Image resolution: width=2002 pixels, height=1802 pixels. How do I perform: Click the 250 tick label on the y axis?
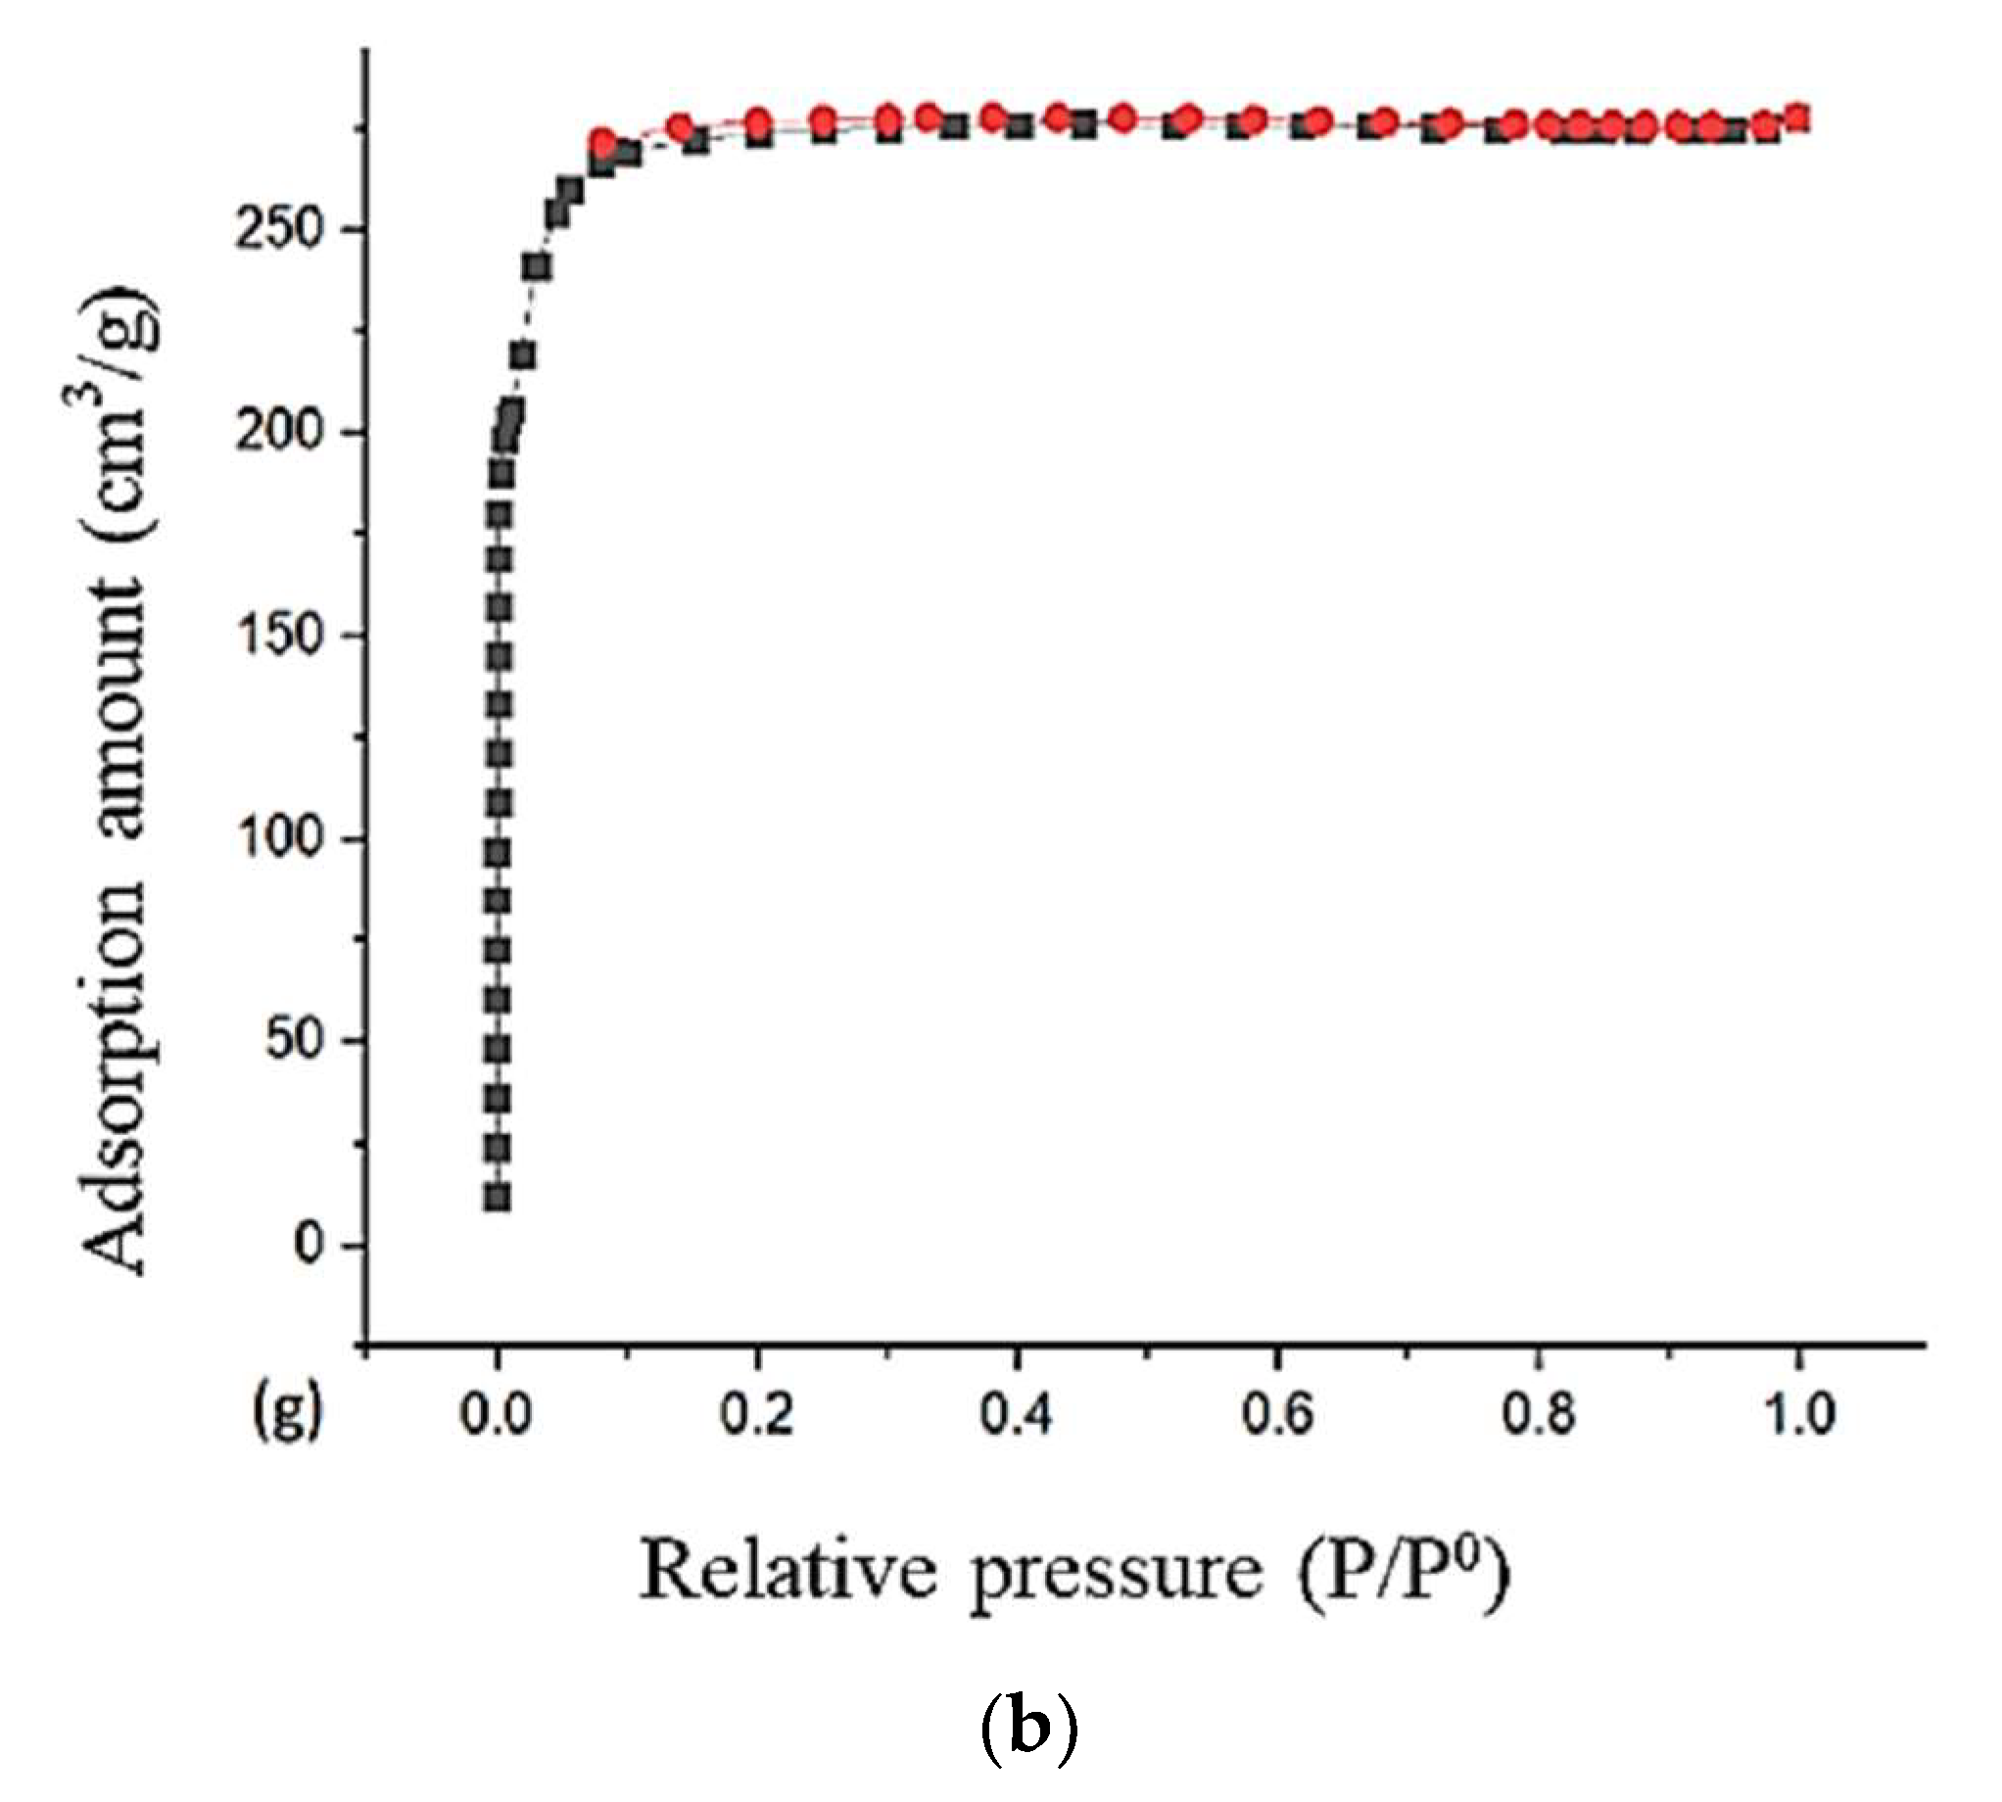(279, 230)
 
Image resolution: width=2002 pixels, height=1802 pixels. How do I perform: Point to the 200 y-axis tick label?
(279, 433)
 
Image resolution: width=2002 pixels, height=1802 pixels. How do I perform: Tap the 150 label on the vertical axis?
(279, 636)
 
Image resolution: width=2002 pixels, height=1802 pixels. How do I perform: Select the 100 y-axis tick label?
(279, 838)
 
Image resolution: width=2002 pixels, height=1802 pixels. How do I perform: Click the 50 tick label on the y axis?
(294, 1042)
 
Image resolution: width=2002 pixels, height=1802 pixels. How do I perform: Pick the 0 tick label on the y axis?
(309, 1244)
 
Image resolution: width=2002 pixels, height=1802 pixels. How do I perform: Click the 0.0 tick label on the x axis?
(497, 1415)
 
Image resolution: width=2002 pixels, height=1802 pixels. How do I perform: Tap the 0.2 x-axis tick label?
(756, 1415)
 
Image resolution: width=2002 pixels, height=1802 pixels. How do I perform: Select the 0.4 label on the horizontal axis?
(1017, 1415)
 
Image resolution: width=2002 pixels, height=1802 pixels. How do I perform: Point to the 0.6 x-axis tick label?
(1277, 1415)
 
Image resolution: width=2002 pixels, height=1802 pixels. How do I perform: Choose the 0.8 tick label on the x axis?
(1537, 1415)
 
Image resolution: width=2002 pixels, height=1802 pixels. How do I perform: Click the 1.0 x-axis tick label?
(1799, 1415)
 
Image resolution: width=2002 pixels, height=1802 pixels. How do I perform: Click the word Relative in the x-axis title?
(787, 1571)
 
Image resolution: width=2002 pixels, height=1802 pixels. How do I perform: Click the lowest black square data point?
(498, 1198)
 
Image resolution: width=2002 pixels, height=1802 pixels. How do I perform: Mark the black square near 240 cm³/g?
(539, 267)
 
